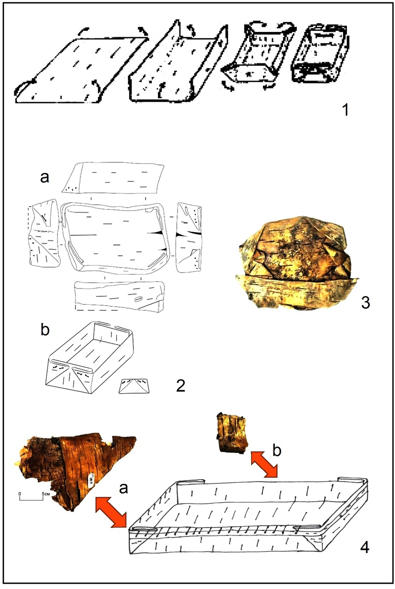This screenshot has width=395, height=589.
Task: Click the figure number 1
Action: pyautogui.click(x=345, y=109)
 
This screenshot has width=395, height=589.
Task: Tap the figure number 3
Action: pyautogui.click(x=365, y=303)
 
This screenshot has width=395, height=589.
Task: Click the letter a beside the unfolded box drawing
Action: pyautogui.click(x=45, y=178)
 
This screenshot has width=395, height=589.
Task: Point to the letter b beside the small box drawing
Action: pyautogui.click(x=45, y=329)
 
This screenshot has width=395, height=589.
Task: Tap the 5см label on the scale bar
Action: pyautogui.click(x=46, y=494)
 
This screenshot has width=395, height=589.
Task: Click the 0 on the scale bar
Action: pyautogui.click(x=20, y=494)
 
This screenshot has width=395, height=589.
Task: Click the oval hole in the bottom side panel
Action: pyautogui.click(x=138, y=299)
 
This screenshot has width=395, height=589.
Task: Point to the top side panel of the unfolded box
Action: pyautogui.click(x=113, y=178)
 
